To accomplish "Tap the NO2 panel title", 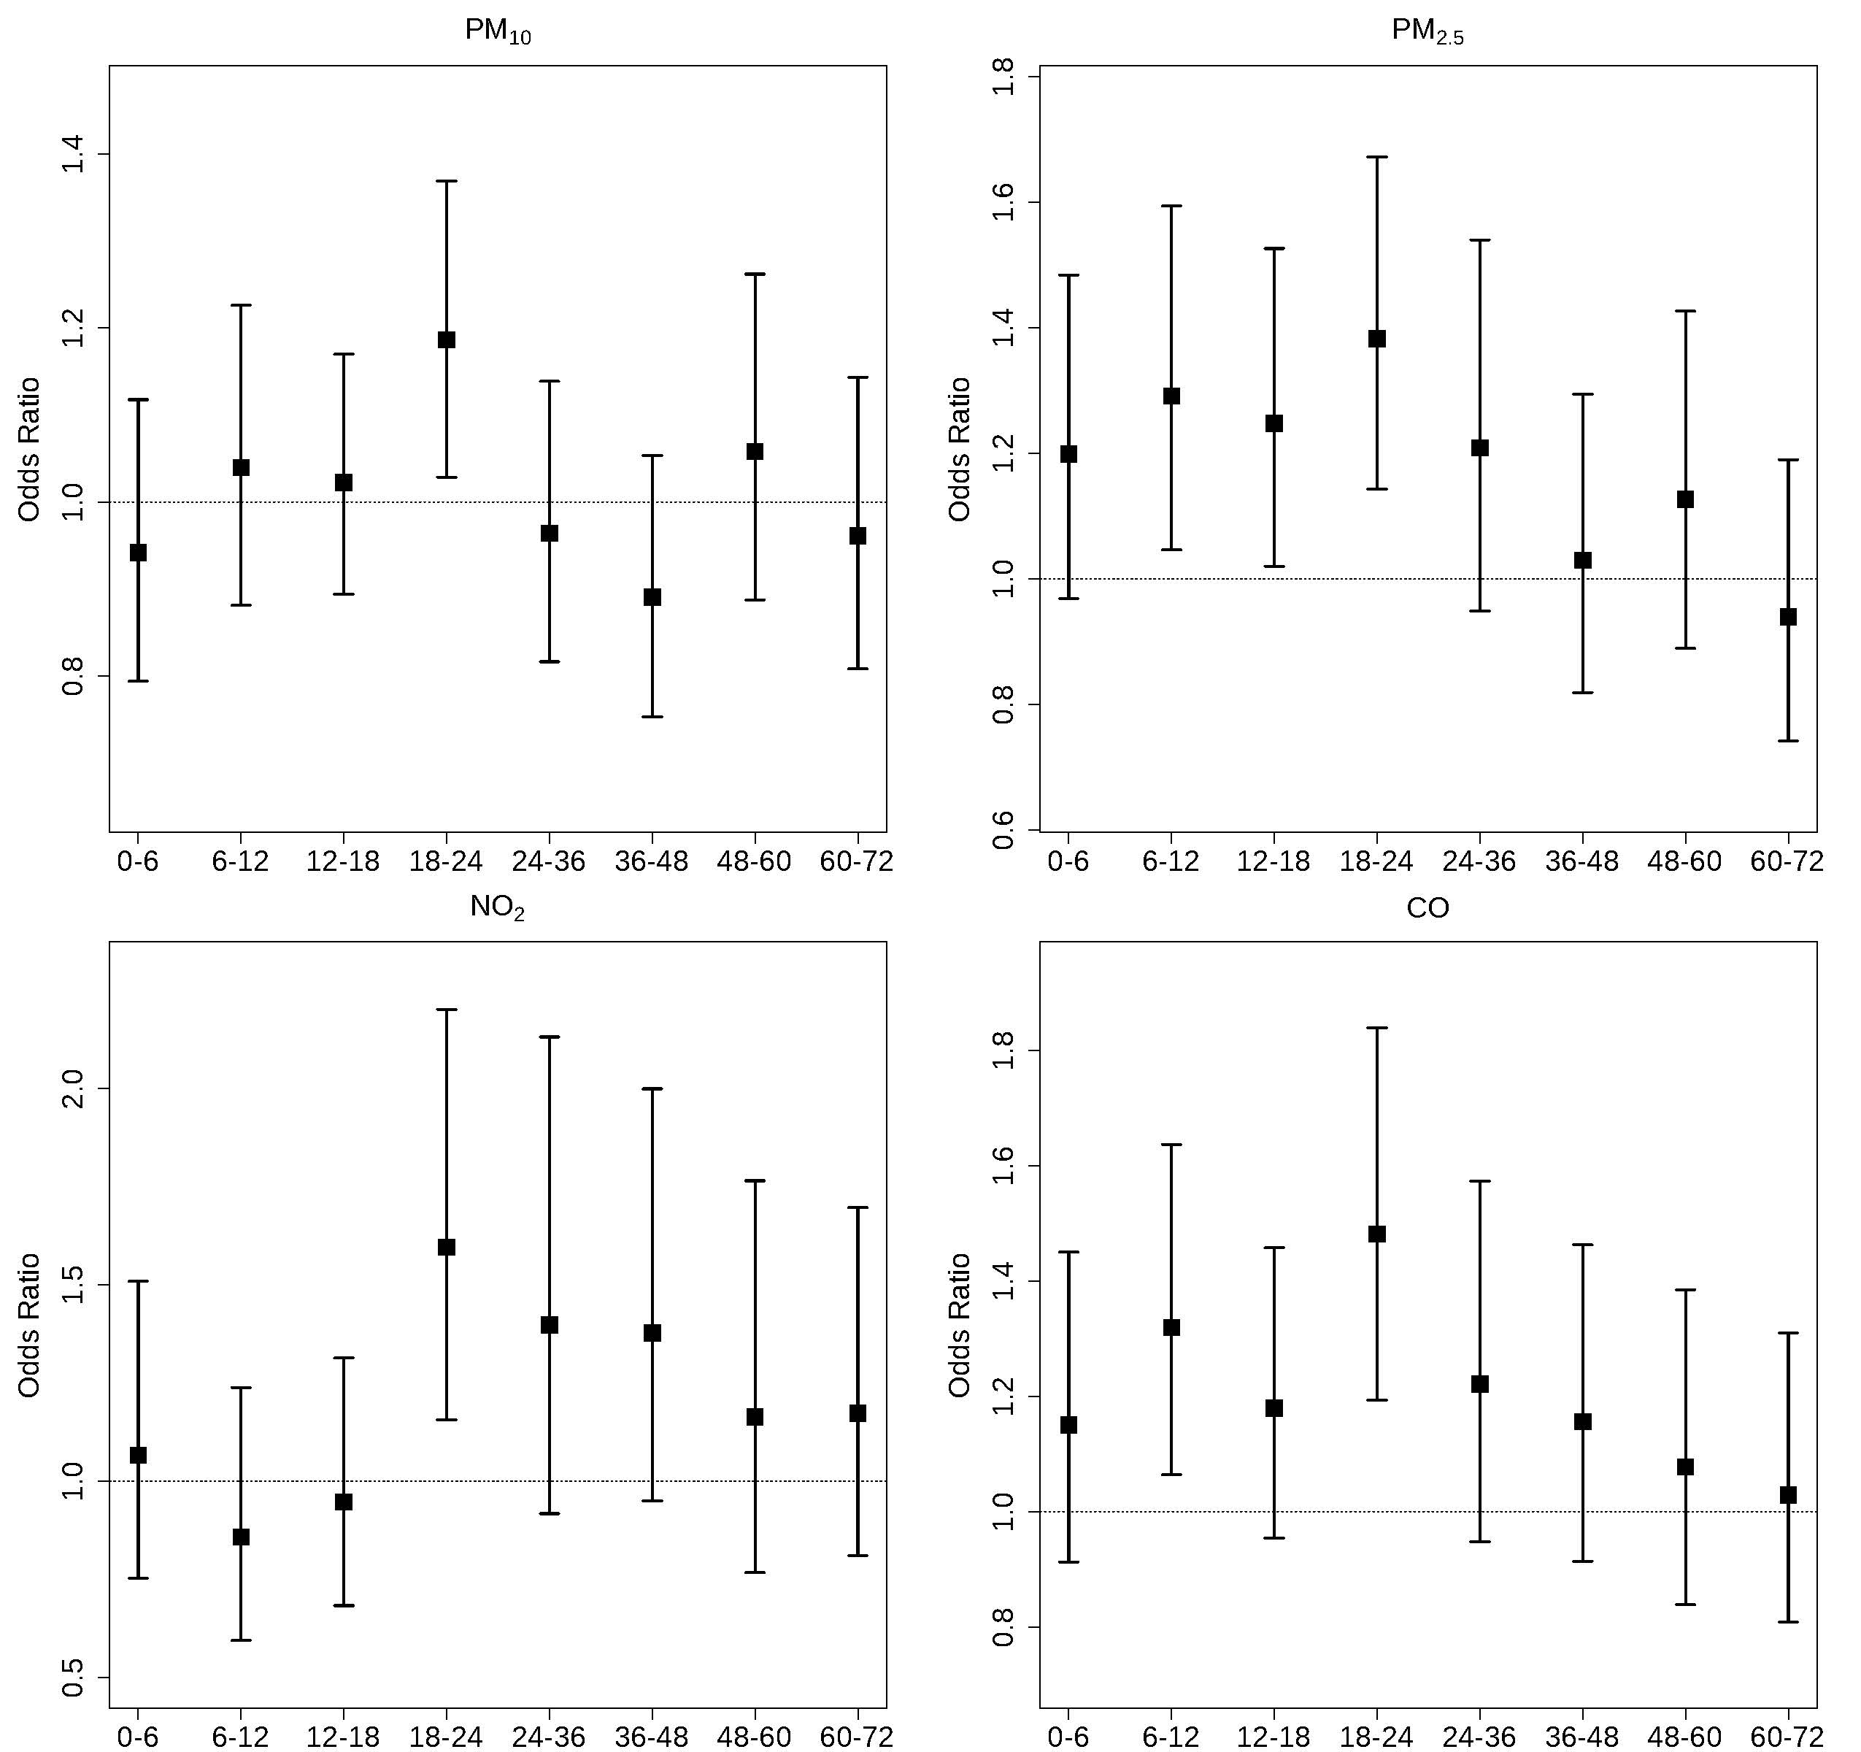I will pos(497,907).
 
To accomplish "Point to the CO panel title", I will pos(1427,907).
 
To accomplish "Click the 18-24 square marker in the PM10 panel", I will pos(447,339).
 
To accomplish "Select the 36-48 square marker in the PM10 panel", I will pos(652,596).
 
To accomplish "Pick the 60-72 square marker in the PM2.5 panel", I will pos(1788,616).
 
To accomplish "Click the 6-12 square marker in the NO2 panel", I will pos(241,1537).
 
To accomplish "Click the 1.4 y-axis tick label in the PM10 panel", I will pos(73,155).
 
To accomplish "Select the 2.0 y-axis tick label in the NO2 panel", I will pos(73,1088).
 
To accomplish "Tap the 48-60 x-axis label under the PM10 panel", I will pos(754,861).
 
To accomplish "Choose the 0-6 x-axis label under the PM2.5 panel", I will pos(1068,861).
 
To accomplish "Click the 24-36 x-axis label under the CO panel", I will pos(1479,1737).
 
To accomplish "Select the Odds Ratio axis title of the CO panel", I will pos(960,1325).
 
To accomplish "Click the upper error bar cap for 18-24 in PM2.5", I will pos(1377,157).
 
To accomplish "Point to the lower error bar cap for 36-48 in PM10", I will pos(652,716).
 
